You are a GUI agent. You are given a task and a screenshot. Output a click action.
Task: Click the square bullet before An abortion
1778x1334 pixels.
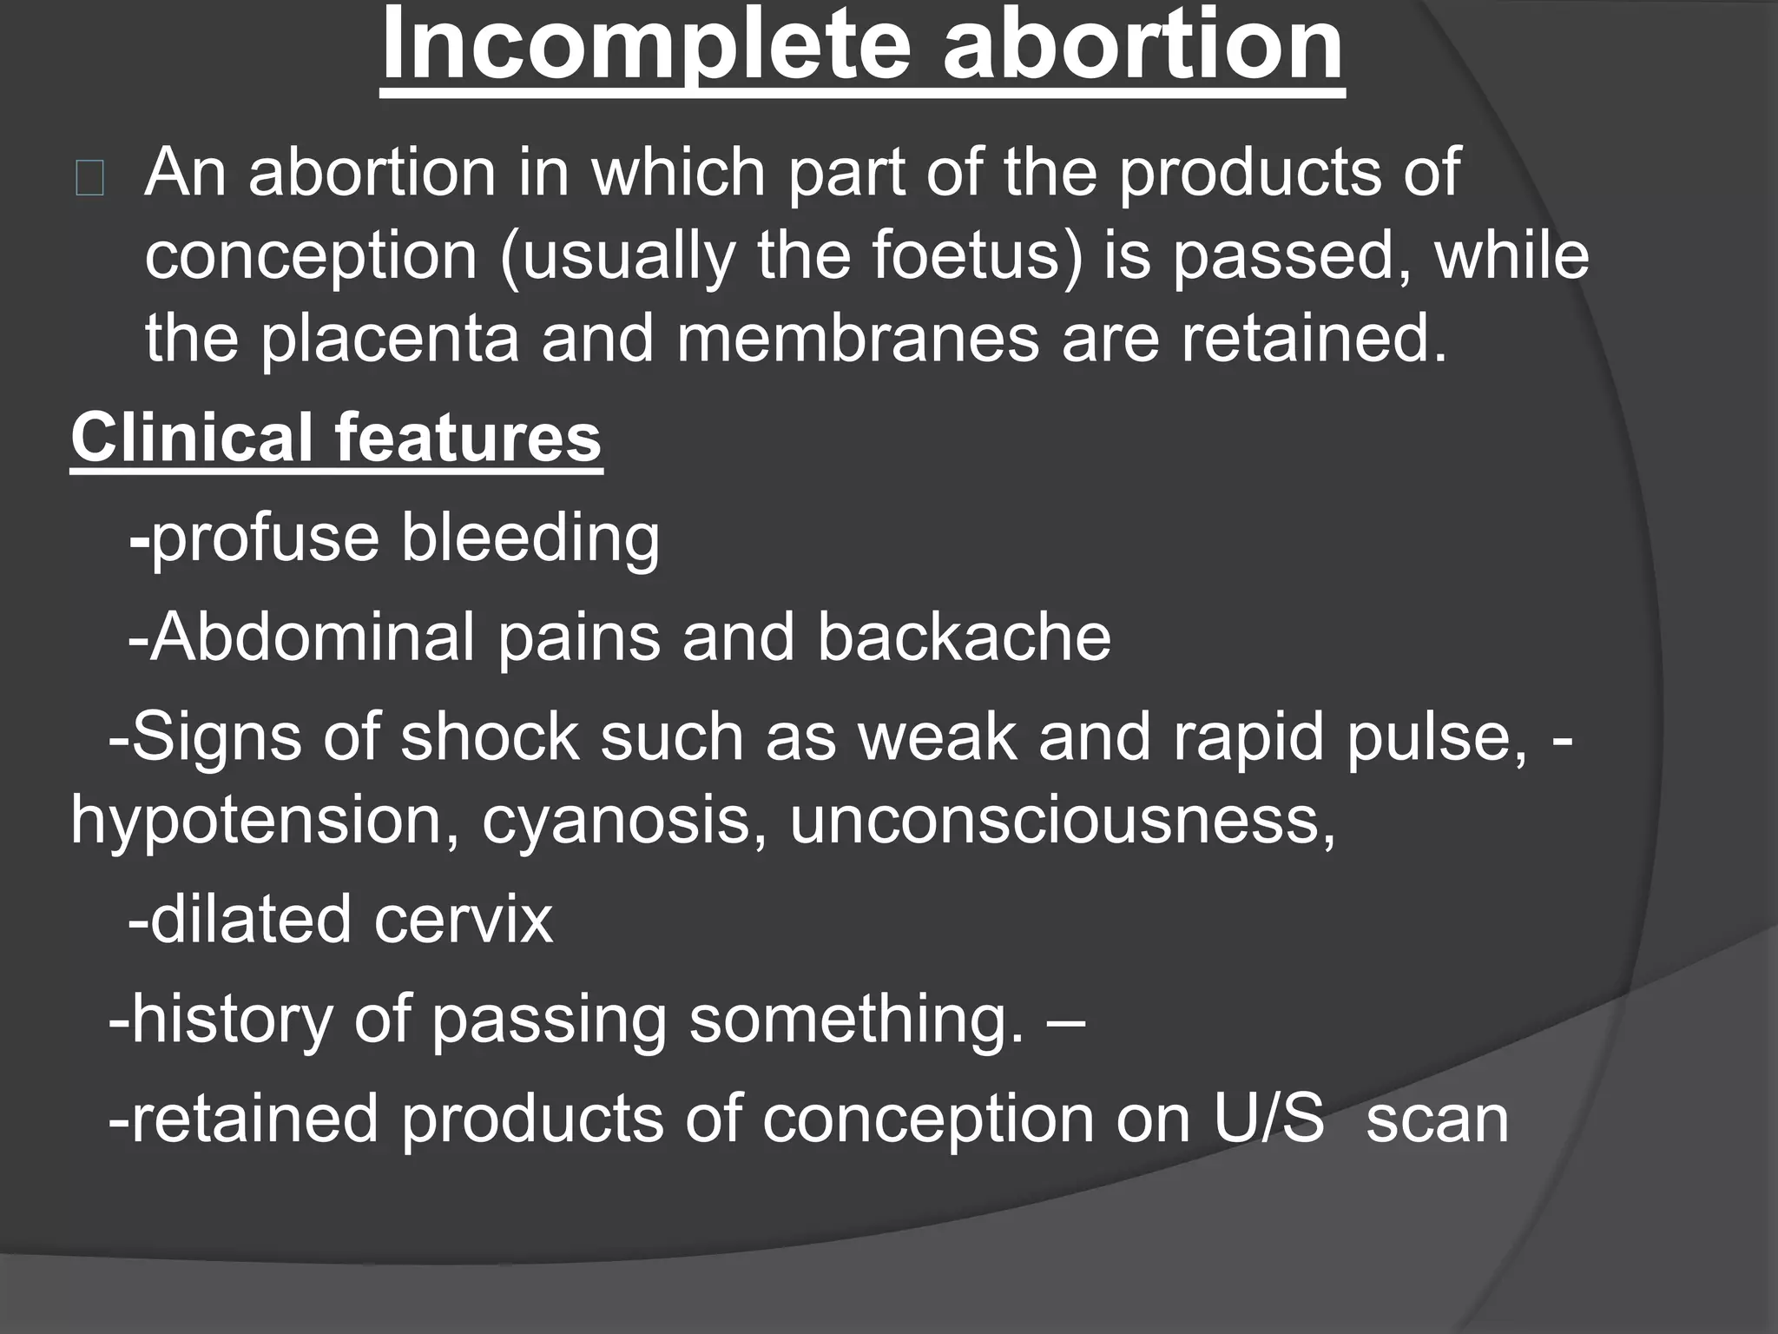[89, 181]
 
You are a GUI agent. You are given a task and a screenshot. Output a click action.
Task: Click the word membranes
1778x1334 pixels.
[858, 339]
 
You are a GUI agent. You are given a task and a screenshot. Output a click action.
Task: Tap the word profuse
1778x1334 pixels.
[265, 538]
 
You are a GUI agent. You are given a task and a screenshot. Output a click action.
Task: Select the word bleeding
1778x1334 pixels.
[530, 538]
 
